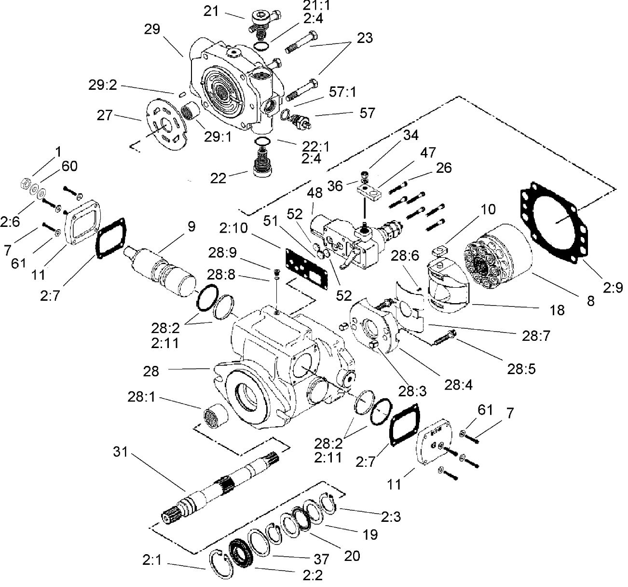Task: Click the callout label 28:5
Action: [x=521, y=369]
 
